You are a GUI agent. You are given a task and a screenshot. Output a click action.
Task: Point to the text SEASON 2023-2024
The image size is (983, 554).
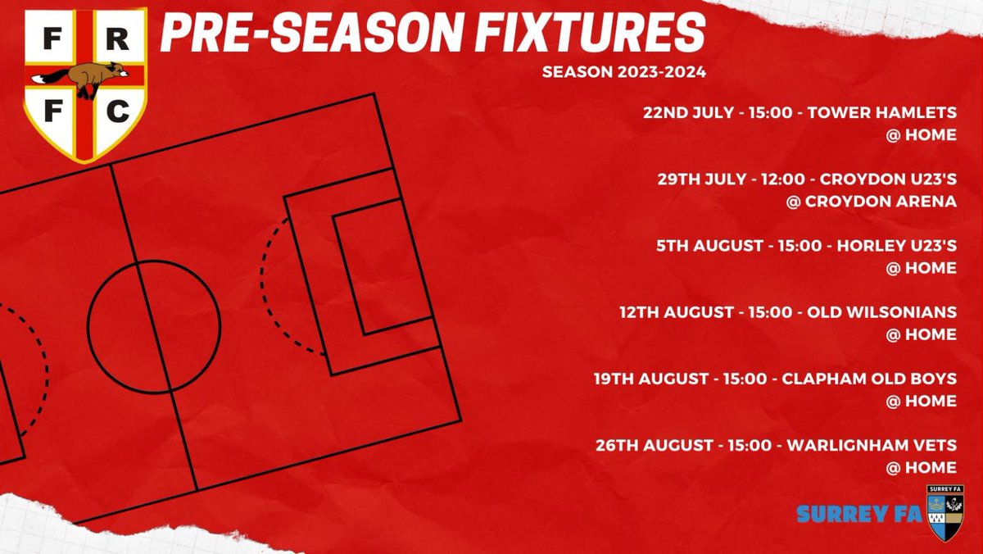coord(623,72)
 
